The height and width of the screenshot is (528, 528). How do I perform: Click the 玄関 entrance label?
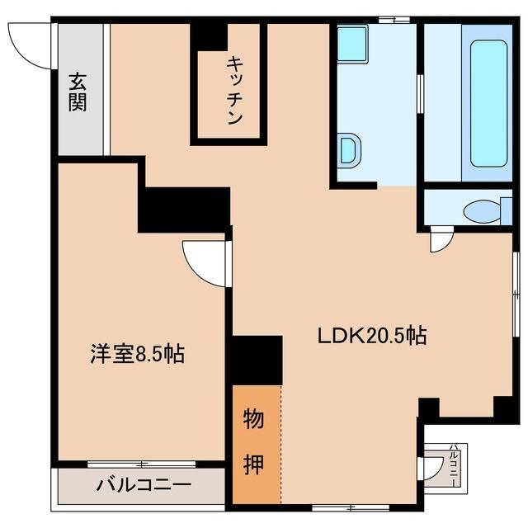coord(78,93)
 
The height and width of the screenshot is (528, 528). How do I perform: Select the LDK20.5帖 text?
coord(372,336)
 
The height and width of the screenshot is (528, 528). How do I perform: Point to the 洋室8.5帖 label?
coord(136,355)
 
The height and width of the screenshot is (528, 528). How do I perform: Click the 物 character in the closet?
coord(255,420)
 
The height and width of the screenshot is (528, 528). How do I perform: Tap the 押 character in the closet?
coord(255,464)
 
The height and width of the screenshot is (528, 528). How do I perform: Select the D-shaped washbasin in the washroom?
coord(349,150)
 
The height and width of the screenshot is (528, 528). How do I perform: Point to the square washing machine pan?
coord(353,43)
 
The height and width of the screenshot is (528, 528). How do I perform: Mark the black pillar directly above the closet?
coord(257,360)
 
